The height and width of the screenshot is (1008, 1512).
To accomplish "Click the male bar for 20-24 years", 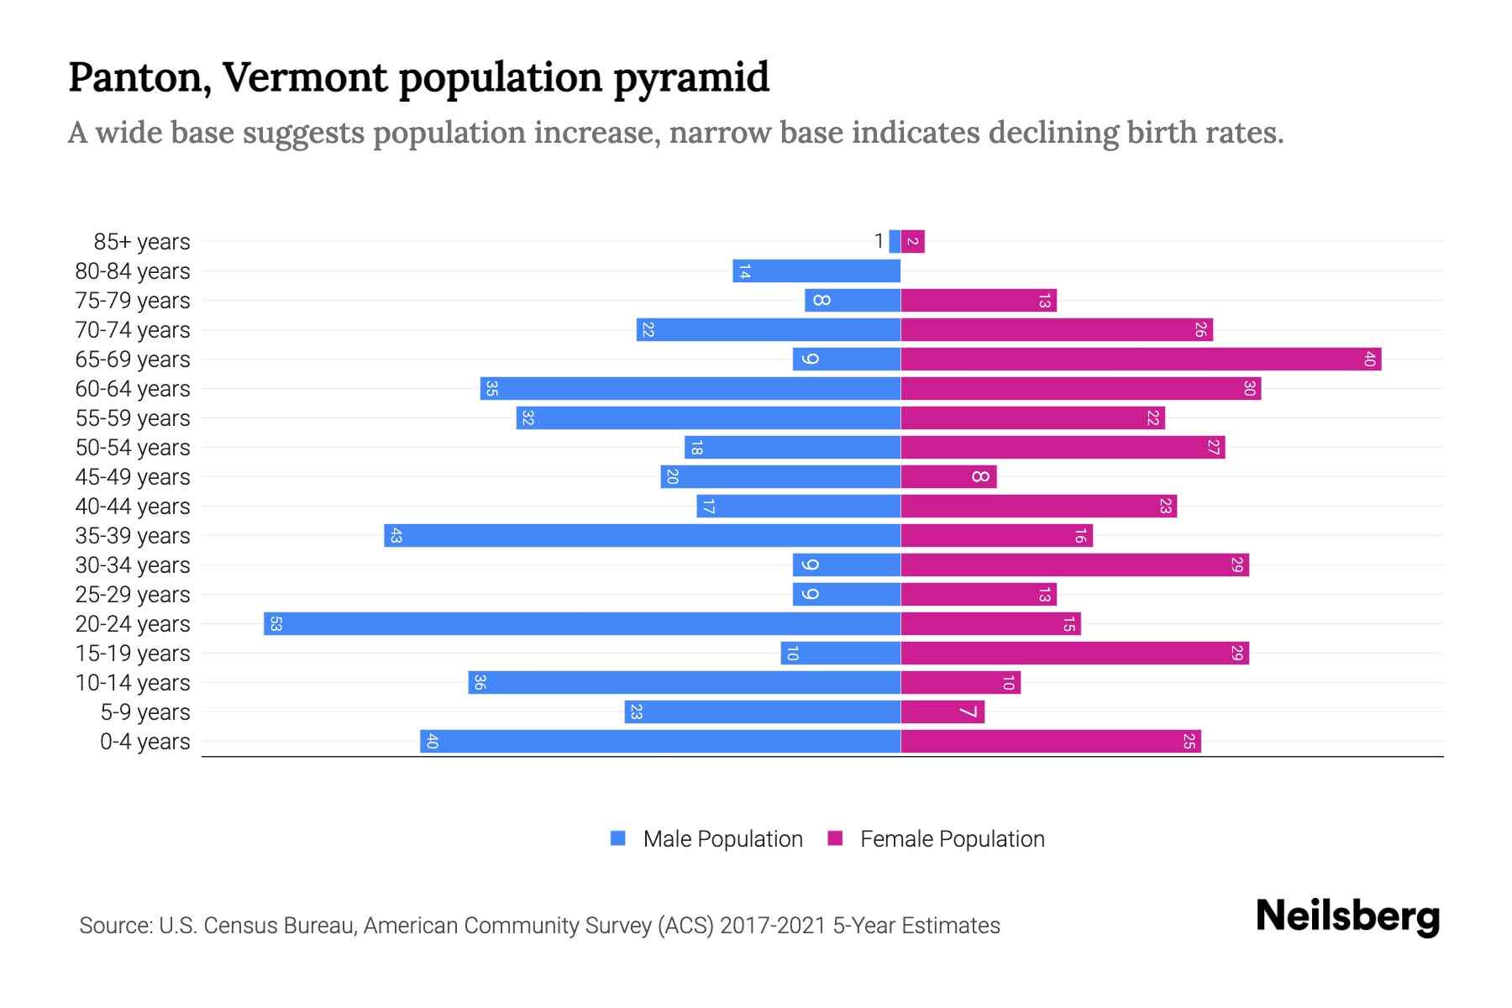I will [x=582, y=624].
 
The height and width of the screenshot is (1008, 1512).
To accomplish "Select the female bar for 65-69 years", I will [x=1141, y=360].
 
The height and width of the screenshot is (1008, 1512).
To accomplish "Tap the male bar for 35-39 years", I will [x=643, y=536].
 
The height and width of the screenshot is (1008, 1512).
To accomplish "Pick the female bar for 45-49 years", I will [x=948, y=477].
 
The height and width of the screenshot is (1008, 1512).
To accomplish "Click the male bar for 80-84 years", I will [x=816, y=271].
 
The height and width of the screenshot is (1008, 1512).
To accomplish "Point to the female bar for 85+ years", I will [x=913, y=242].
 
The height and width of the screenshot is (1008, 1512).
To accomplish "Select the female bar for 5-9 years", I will [x=942, y=712].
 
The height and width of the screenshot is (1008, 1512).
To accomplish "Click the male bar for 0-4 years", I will [x=660, y=742].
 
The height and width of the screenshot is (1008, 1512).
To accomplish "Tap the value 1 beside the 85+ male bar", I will [x=879, y=242].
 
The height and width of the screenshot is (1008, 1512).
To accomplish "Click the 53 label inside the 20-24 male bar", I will [x=276, y=624].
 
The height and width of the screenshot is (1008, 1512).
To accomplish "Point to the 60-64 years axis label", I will [x=133, y=389].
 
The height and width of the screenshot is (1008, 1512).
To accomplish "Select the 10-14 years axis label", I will [x=133, y=683].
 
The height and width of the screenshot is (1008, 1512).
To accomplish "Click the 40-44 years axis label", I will [x=133, y=507].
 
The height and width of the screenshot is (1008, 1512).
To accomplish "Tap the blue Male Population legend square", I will [x=618, y=838].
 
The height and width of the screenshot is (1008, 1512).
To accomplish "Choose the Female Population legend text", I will [x=952, y=839].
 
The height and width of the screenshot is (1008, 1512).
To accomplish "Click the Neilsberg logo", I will [x=1347, y=916].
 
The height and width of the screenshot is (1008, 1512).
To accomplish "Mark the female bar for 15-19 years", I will [x=1074, y=654].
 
